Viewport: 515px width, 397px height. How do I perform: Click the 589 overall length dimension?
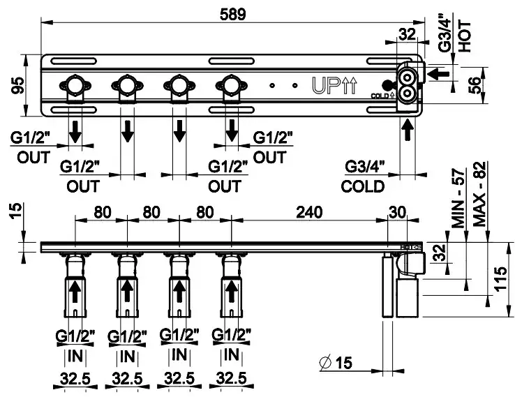click(x=232, y=13)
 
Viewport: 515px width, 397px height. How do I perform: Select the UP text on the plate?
click(x=324, y=85)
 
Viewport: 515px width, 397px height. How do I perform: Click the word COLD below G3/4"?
click(x=363, y=186)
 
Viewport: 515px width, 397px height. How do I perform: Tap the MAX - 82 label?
click(x=479, y=195)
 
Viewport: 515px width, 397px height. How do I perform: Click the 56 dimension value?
click(x=475, y=85)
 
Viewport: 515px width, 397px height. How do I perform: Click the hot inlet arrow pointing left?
click(x=437, y=72)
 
